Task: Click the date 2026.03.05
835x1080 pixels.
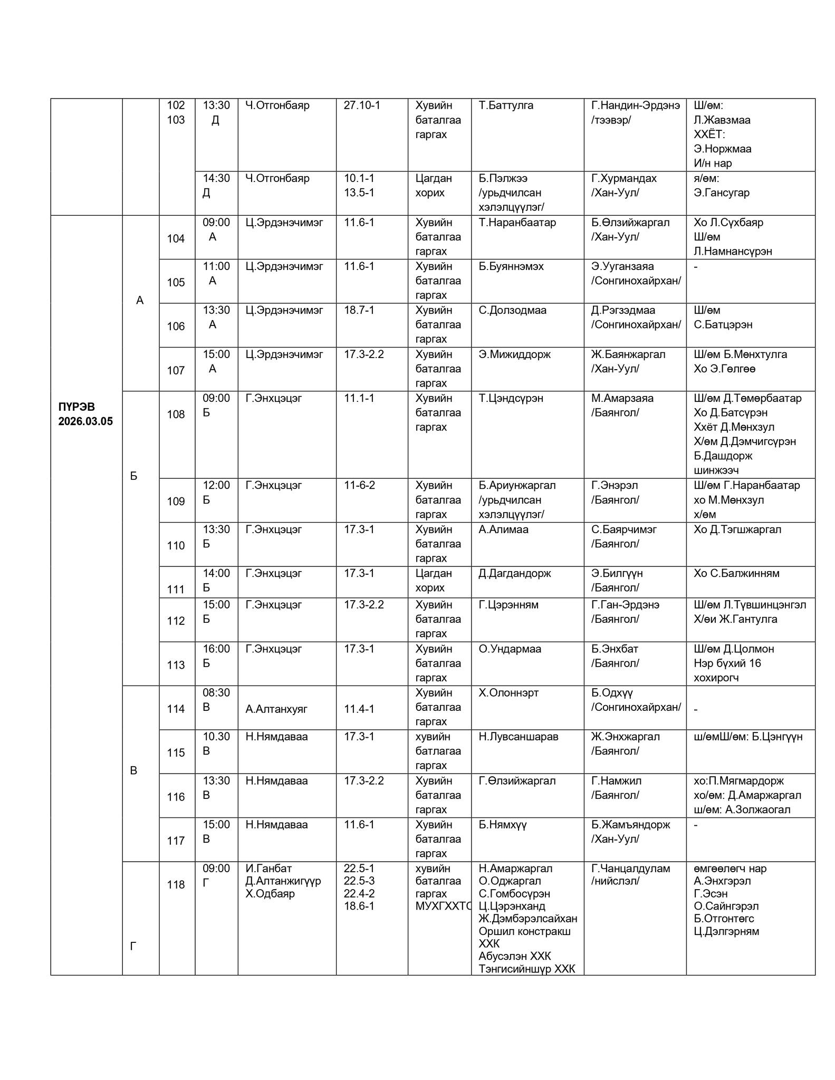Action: pyautogui.click(x=85, y=422)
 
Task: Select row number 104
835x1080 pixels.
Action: pyautogui.click(x=176, y=239)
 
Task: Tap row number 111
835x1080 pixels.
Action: pyautogui.click(x=176, y=590)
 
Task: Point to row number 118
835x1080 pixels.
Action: pyautogui.click(x=176, y=885)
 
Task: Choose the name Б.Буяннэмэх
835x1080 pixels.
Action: pyautogui.click(x=511, y=266)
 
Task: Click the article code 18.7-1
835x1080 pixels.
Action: pyautogui.click(x=359, y=310)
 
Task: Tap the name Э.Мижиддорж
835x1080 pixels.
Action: pyautogui.click(x=514, y=354)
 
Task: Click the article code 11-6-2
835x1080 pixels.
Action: pyautogui.click(x=359, y=485)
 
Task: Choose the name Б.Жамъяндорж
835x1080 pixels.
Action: pyautogui.click(x=630, y=825)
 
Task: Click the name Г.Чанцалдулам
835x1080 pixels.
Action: pyautogui.click(x=630, y=869)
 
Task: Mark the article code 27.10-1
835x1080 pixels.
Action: pyautogui.click(x=361, y=105)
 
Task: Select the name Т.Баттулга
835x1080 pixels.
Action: pyautogui.click(x=506, y=105)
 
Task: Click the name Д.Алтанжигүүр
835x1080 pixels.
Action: pyautogui.click(x=283, y=881)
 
